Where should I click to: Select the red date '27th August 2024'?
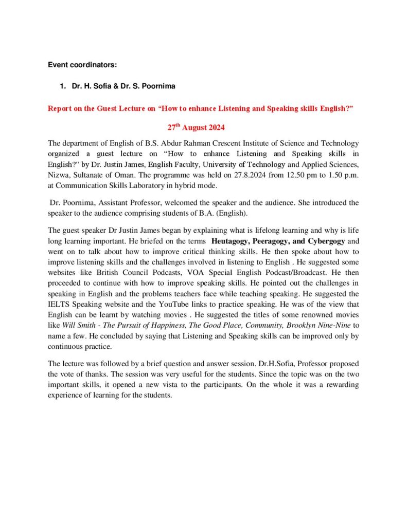pos(196,126)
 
